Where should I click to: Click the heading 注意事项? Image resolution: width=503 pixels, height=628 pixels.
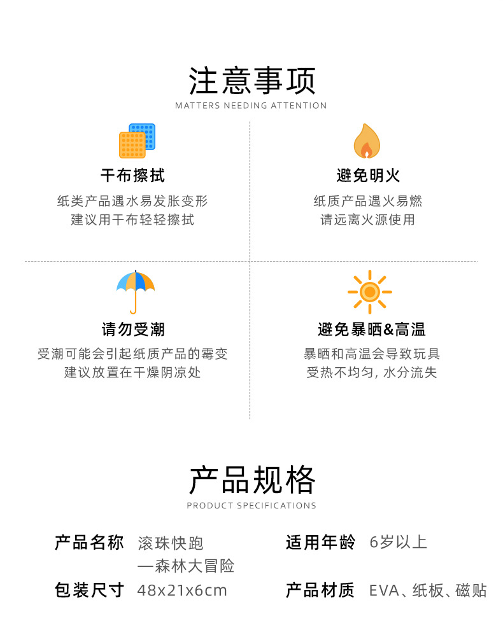251,81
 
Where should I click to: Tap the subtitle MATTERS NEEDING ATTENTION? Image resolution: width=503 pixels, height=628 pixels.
251,106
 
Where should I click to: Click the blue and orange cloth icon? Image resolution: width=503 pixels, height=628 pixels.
137,141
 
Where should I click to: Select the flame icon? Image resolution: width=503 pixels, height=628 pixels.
367,141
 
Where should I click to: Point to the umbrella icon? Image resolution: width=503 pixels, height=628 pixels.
136,291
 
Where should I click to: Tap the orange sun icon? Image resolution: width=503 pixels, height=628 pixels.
369,292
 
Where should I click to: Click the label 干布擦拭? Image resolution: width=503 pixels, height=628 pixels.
132,175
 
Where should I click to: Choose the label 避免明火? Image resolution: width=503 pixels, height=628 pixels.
368,175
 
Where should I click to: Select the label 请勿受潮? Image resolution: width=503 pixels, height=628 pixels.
132,329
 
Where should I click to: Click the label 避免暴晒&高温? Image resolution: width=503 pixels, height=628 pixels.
371,329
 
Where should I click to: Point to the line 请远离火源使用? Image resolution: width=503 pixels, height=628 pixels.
367,220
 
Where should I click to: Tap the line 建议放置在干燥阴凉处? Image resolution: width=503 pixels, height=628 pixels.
132,372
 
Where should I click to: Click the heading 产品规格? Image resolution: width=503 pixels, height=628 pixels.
251,480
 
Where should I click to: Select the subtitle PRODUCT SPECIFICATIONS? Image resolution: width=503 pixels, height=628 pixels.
251,506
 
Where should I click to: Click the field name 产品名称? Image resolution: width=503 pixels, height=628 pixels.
89,543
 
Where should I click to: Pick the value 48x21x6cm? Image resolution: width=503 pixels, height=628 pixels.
182,590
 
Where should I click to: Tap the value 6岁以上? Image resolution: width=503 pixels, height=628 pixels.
398,543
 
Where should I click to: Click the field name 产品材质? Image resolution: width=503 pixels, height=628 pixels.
320,590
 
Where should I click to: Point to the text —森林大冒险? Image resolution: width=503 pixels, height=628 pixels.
186,566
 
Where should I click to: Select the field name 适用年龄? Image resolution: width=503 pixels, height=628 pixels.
320,543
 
